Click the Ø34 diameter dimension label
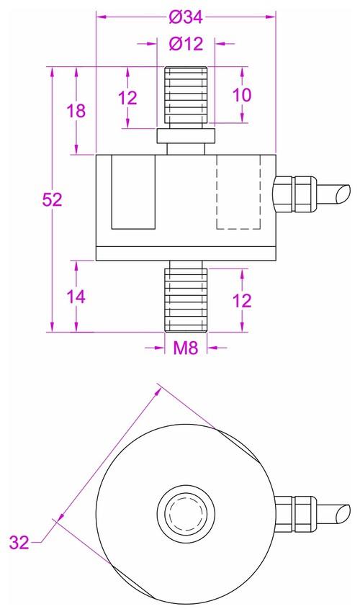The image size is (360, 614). (x=186, y=14)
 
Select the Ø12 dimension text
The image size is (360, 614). (x=186, y=44)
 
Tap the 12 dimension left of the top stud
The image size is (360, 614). (x=127, y=98)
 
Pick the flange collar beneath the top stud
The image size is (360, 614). (x=186, y=137)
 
